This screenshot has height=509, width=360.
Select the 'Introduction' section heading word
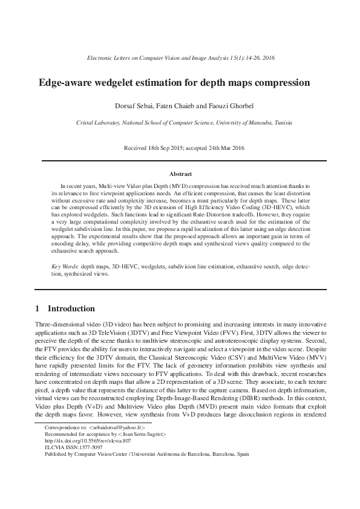[x=71, y=308]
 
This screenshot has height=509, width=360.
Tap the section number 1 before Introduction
[x=38, y=308]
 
